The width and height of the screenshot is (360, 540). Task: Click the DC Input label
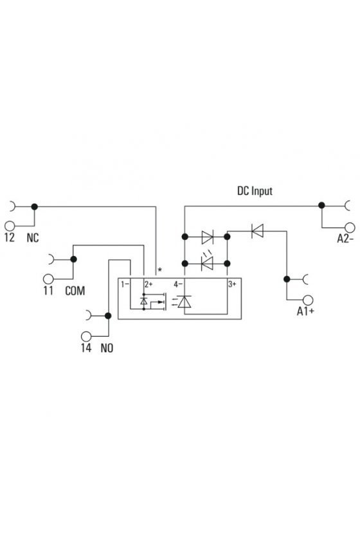point(255,191)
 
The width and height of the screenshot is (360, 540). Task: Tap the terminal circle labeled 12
point(10,226)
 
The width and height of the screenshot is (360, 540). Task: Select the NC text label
point(33,238)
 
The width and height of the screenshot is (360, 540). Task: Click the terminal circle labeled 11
point(48,278)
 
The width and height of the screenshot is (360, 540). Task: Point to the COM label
point(75,291)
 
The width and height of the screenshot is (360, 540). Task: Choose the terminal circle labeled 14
point(86,336)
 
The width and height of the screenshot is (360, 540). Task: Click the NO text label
point(107,348)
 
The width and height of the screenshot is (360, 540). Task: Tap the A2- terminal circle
point(350,228)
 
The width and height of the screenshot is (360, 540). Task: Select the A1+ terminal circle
point(308,300)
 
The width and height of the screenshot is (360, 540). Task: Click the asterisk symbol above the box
point(159,269)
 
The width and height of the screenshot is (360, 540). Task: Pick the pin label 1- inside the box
point(125,284)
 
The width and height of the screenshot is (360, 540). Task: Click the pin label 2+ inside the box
point(148,284)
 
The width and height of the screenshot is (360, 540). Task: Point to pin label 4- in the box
point(178,284)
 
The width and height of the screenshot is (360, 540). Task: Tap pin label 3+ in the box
point(232,284)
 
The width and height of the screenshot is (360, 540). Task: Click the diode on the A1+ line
point(257,231)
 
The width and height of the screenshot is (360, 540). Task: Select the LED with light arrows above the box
point(207,262)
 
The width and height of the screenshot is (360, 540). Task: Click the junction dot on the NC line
point(35,206)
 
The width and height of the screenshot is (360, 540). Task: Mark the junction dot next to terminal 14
point(108,316)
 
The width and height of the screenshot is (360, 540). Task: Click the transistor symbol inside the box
point(154,301)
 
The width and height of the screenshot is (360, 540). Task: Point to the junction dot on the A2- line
point(321,205)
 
